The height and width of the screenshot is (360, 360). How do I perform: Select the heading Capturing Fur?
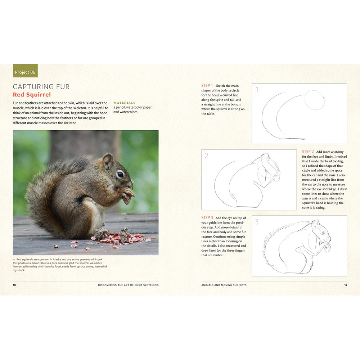click(41, 87)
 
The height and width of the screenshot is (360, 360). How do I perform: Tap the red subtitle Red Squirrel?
click(32, 95)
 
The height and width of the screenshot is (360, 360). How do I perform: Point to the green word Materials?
click(124, 103)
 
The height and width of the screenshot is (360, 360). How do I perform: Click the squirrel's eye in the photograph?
click(120, 175)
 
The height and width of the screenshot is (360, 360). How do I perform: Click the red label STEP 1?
click(207, 86)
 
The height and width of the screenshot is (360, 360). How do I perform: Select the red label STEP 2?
click(308, 152)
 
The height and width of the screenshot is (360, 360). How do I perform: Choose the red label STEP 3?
click(207, 217)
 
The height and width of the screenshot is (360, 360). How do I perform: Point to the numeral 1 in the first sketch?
click(257, 90)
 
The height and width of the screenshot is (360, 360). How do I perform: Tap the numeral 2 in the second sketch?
click(207, 156)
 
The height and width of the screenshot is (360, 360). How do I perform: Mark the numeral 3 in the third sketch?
click(257, 222)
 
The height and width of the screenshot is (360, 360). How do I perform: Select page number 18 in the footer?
click(14, 285)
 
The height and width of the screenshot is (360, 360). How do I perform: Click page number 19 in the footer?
click(345, 285)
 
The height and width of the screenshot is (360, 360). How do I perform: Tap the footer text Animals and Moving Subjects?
click(224, 285)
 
